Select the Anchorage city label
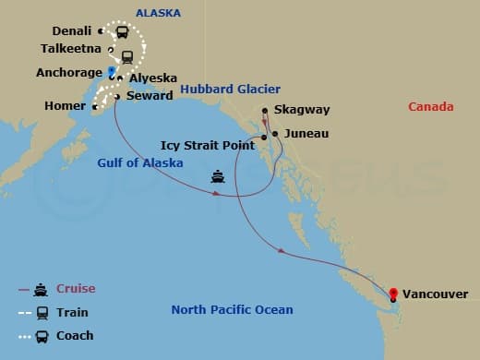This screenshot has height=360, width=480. pyautogui.click(x=69, y=71)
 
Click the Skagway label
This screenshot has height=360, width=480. pyautogui.click(x=301, y=110)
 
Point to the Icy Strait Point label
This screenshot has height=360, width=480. pyautogui.click(x=209, y=144)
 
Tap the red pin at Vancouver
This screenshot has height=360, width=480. pyautogui.click(x=394, y=295)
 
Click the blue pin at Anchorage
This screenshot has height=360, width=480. pyautogui.click(x=112, y=71)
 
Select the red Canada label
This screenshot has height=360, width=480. pyautogui.click(x=431, y=107)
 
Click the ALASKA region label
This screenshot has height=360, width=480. pyautogui.click(x=158, y=13)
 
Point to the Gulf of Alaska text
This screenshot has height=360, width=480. pyautogui.click(x=140, y=163)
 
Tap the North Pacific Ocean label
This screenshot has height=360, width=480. pyautogui.click(x=232, y=310)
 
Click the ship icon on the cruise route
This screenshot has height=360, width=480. pyautogui.click(x=218, y=176)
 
